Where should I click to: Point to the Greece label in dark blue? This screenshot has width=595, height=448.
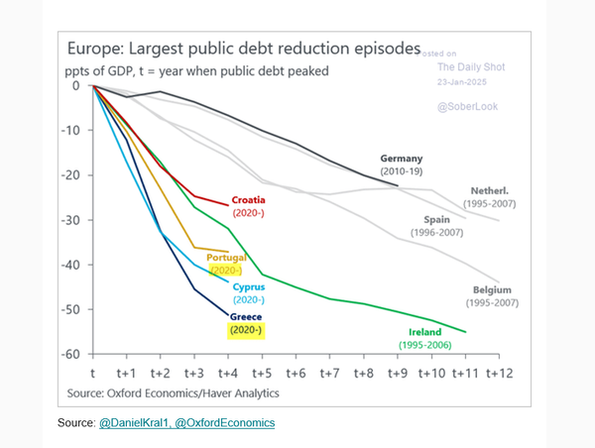245,318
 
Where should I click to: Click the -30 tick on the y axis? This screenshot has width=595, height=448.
72,220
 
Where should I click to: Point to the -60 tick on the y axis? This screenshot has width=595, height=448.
72,355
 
